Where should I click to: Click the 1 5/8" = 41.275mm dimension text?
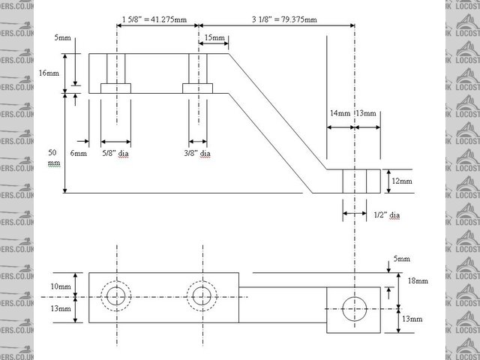pos(155,17)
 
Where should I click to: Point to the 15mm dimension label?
pos(213,37)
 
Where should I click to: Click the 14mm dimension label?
pos(340,113)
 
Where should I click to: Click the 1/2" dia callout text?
pos(386,215)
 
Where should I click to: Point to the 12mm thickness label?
pos(402,181)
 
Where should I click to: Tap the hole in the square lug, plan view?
pos(353,308)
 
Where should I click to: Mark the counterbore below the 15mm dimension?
pos(199,88)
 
